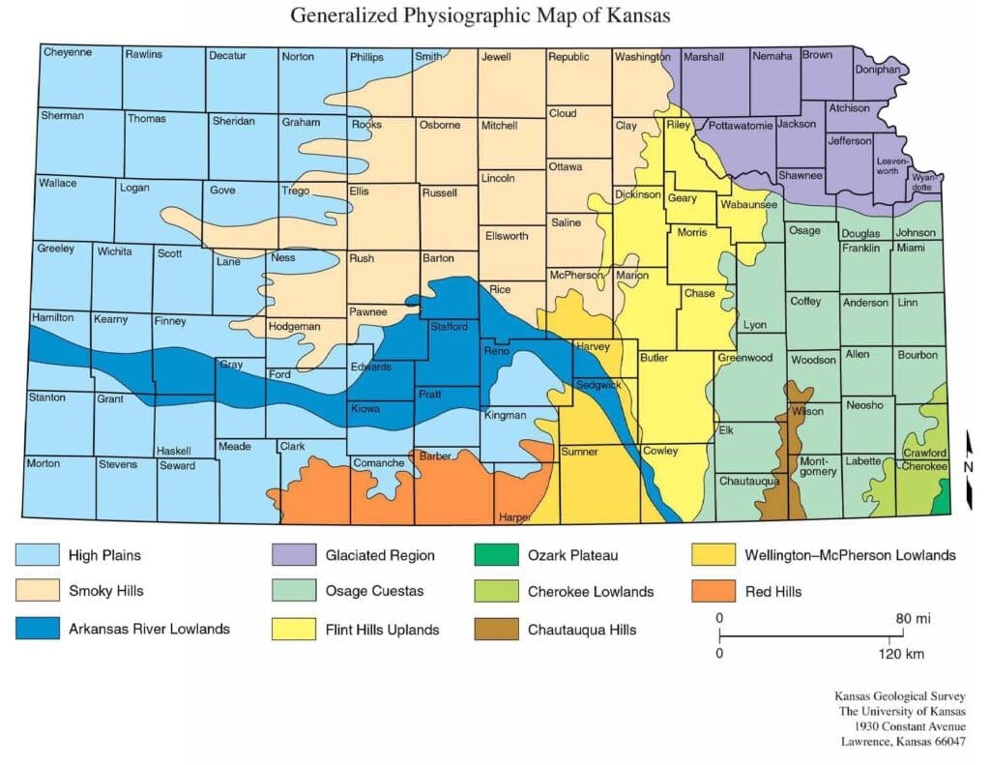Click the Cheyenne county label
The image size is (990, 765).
pos(68,52)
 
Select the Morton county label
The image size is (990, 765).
pos(44,463)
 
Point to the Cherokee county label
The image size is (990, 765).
pos(924,466)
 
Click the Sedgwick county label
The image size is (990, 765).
pos(599,384)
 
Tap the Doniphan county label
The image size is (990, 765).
pos(877,71)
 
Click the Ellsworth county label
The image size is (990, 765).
pos(507,236)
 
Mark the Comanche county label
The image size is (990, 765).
pos(378,462)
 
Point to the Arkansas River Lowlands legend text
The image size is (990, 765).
pos(149,629)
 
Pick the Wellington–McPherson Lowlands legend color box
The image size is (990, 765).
pos(711,555)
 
